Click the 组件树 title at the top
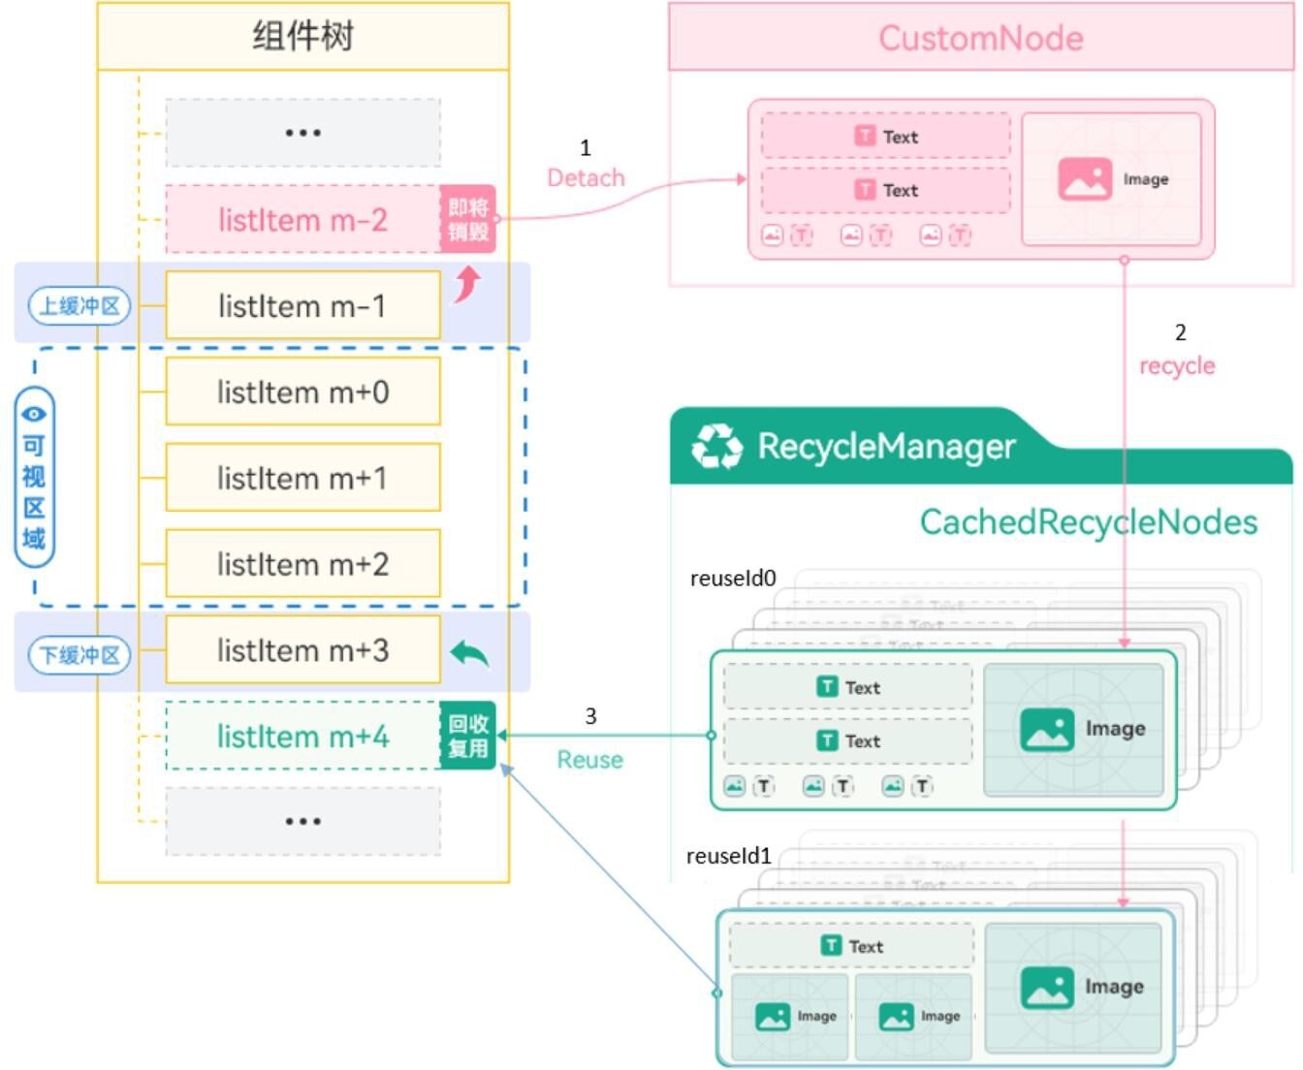pyautogui.click(x=302, y=37)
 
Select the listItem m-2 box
pyautogui.click(x=302, y=220)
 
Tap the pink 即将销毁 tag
pyautogui.click(x=468, y=219)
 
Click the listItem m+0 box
pyautogui.click(x=302, y=392)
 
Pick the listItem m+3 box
pyautogui.click(x=302, y=650)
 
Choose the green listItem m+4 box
pyautogui.click(x=302, y=737)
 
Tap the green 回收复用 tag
pyautogui.click(x=468, y=736)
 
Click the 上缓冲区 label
pyautogui.click(x=79, y=306)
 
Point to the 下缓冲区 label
pyautogui.click(x=79, y=655)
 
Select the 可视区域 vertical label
pyautogui.click(x=34, y=477)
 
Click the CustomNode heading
pyautogui.click(x=980, y=38)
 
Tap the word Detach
pyautogui.click(x=586, y=178)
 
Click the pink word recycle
pyautogui.click(x=1177, y=366)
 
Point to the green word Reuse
pyautogui.click(x=589, y=760)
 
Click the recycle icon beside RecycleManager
pyautogui.click(x=716, y=447)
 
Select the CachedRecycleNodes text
pyautogui.click(x=1088, y=522)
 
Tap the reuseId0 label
pyautogui.click(x=733, y=579)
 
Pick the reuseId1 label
pyautogui.click(x=729, y=856)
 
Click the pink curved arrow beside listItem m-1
pyautogui.click(x=468, y=284)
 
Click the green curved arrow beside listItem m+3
pyautogui.click(x=470, y=654)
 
